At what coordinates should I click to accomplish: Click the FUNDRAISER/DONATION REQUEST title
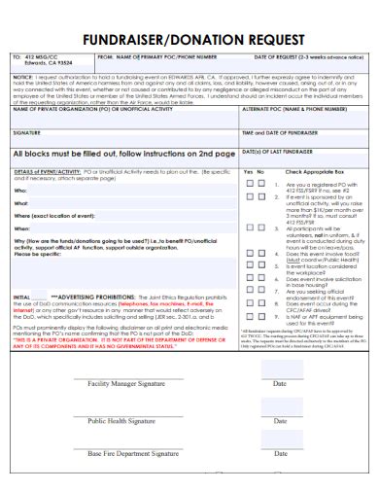coord(189,42)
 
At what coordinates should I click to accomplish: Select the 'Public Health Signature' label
coord(121,421)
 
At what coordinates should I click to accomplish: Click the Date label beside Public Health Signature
coord(279,422)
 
